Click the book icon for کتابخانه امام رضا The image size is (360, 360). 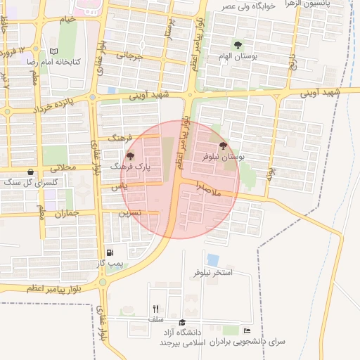point(53,51)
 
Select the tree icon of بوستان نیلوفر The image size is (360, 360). point(224,146)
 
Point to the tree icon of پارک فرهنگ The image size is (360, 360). point(130,156)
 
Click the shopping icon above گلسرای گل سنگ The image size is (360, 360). point(30,172)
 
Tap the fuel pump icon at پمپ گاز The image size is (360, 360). point(110,252)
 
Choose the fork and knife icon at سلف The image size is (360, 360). point(155,309)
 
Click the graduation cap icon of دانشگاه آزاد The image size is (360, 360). point(182,321)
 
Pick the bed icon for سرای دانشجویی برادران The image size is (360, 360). point(247,330)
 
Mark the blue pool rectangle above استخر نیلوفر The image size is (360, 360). point(212,259)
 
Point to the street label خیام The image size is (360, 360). point(67,19)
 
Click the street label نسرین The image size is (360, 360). point(130,212)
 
